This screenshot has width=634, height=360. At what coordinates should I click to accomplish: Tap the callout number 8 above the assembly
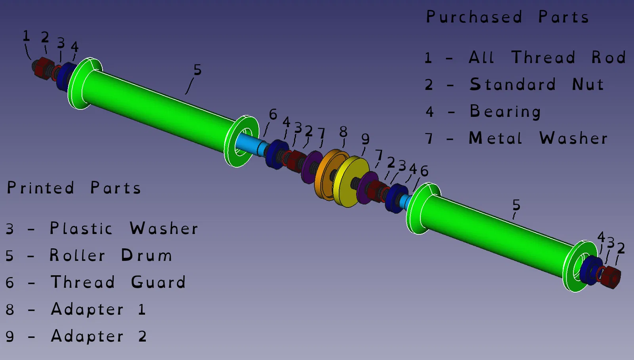(343, 131)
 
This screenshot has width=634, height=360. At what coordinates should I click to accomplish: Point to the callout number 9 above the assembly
(365, 139)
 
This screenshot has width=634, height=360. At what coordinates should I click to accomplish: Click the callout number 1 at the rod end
(26, 36)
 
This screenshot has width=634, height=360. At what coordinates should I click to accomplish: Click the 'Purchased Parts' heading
(508, 17)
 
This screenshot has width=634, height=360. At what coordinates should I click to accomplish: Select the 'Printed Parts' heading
(74, 187)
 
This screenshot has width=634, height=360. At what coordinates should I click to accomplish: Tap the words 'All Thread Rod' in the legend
(547, 57)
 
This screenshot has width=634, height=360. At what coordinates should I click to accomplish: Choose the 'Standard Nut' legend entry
(537, 84)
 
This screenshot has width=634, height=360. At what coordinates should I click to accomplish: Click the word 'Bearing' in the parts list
(505, 111)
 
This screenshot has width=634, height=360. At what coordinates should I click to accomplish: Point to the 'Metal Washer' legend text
(539, 138)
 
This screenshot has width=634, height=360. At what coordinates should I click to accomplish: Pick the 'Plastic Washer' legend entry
(124, 228)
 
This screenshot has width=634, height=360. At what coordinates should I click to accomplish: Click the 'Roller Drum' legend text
(111, 255)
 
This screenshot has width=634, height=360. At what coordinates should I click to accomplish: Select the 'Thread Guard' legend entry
(118, 282)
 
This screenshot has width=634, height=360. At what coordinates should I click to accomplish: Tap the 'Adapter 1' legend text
(98, 309)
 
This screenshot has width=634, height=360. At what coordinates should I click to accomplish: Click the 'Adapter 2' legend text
(99, 336)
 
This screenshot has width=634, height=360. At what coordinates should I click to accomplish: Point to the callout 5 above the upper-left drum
(198, 70)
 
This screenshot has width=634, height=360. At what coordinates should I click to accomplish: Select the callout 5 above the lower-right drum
(516, 205)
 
